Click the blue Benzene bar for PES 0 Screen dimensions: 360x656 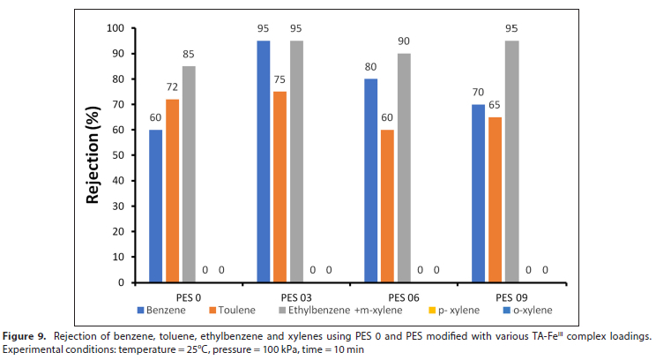[x=155, y=206]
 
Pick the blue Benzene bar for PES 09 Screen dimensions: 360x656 [x=478, y=193]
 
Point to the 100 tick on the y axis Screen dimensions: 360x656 [x=116, y=28]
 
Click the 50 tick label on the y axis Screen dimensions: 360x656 [x=118, y=155]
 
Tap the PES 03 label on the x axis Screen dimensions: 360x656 [x=295, y=296]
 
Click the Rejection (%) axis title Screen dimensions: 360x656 [x=93, y=155]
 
